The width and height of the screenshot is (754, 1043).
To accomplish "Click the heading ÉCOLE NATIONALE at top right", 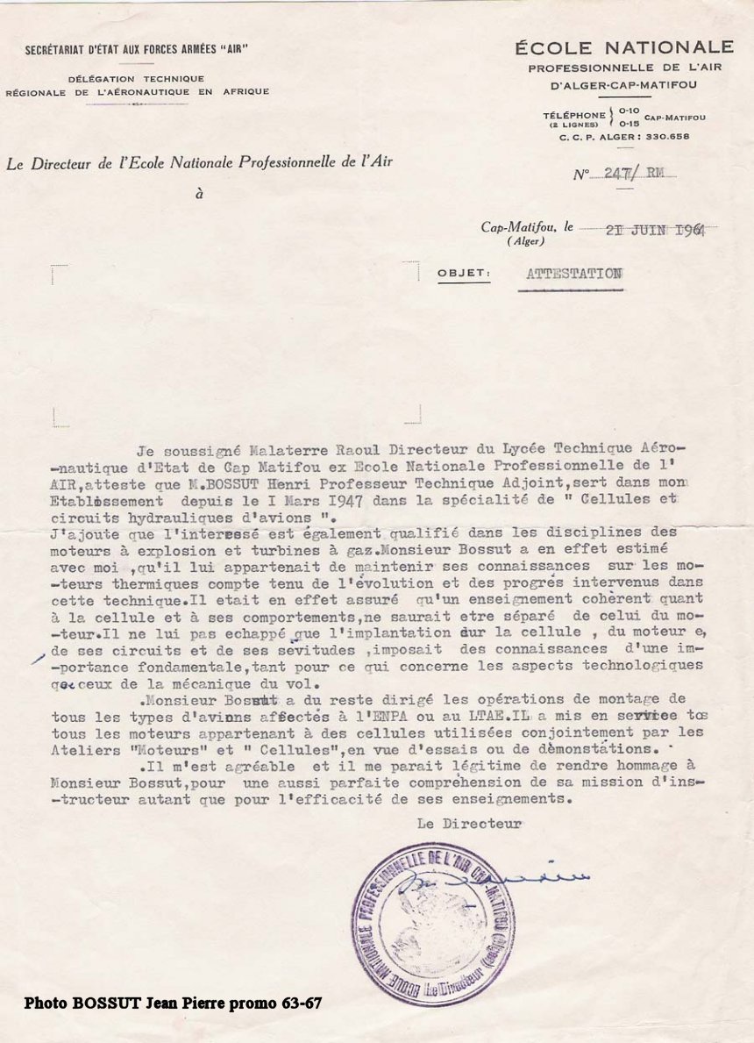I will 624,47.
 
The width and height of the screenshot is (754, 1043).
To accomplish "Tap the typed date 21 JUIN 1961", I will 658,229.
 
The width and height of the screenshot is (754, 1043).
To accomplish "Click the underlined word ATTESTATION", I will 574,274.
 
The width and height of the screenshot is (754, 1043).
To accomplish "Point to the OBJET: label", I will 464,274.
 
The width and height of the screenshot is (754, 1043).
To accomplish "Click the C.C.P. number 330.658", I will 668,136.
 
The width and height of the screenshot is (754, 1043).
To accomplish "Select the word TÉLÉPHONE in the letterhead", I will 573,115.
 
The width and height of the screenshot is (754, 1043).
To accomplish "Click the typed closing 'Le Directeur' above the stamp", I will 469,824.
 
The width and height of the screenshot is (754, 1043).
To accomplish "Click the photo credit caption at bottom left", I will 173,1002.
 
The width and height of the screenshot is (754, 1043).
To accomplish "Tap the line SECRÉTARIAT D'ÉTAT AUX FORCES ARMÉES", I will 136,49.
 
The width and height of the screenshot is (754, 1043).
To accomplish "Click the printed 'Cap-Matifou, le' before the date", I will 526,226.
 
